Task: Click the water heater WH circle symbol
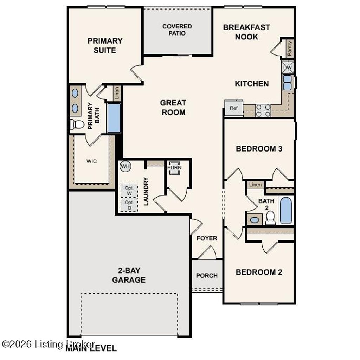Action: coord(125,166)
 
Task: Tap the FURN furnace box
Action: coord(174,167)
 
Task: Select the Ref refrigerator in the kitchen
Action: coord(234,108)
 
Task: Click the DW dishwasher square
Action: coord(287,67)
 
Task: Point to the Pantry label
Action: coord(289,48)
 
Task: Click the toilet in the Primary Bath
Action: coord(77,124)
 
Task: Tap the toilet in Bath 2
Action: coord(270,218)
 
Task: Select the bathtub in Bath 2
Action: coord(286,210)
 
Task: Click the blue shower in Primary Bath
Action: coord(114,118)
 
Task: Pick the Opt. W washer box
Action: coord(129,190)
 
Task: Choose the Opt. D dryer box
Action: coord(129,205)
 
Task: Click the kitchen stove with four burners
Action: coord(263,110)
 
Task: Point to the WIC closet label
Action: coord(91,161)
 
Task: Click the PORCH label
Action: coord(207,276)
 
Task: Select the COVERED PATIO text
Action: coord(177,30)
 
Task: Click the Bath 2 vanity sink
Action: coord(255,220)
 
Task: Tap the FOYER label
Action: coord(207,238)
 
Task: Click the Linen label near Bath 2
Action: coord(255,185)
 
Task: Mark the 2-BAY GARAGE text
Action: coord(129,275)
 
